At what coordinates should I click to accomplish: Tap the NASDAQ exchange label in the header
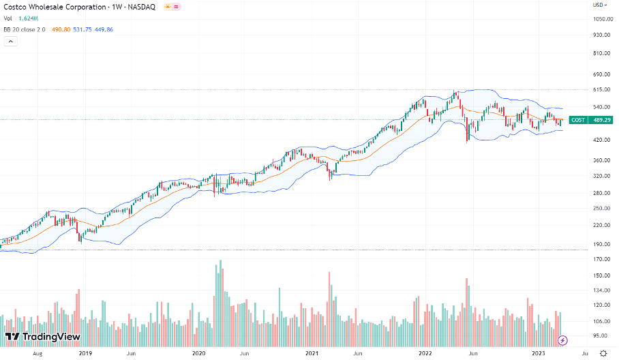(142, 7)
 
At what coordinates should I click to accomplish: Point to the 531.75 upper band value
(83, 29)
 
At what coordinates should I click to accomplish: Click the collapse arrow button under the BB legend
(10, 42)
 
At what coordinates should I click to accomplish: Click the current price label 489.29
(601, 120)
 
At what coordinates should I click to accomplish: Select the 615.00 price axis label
(601, 89)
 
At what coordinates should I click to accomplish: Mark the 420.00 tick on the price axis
(601, 140)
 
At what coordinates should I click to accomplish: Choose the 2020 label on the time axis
(199, 353)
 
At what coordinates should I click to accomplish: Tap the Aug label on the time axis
(38, 353)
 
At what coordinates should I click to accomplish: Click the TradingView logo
(42, 337)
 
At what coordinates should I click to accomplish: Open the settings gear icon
(603, 352)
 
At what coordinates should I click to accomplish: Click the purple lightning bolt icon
(563, 340)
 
